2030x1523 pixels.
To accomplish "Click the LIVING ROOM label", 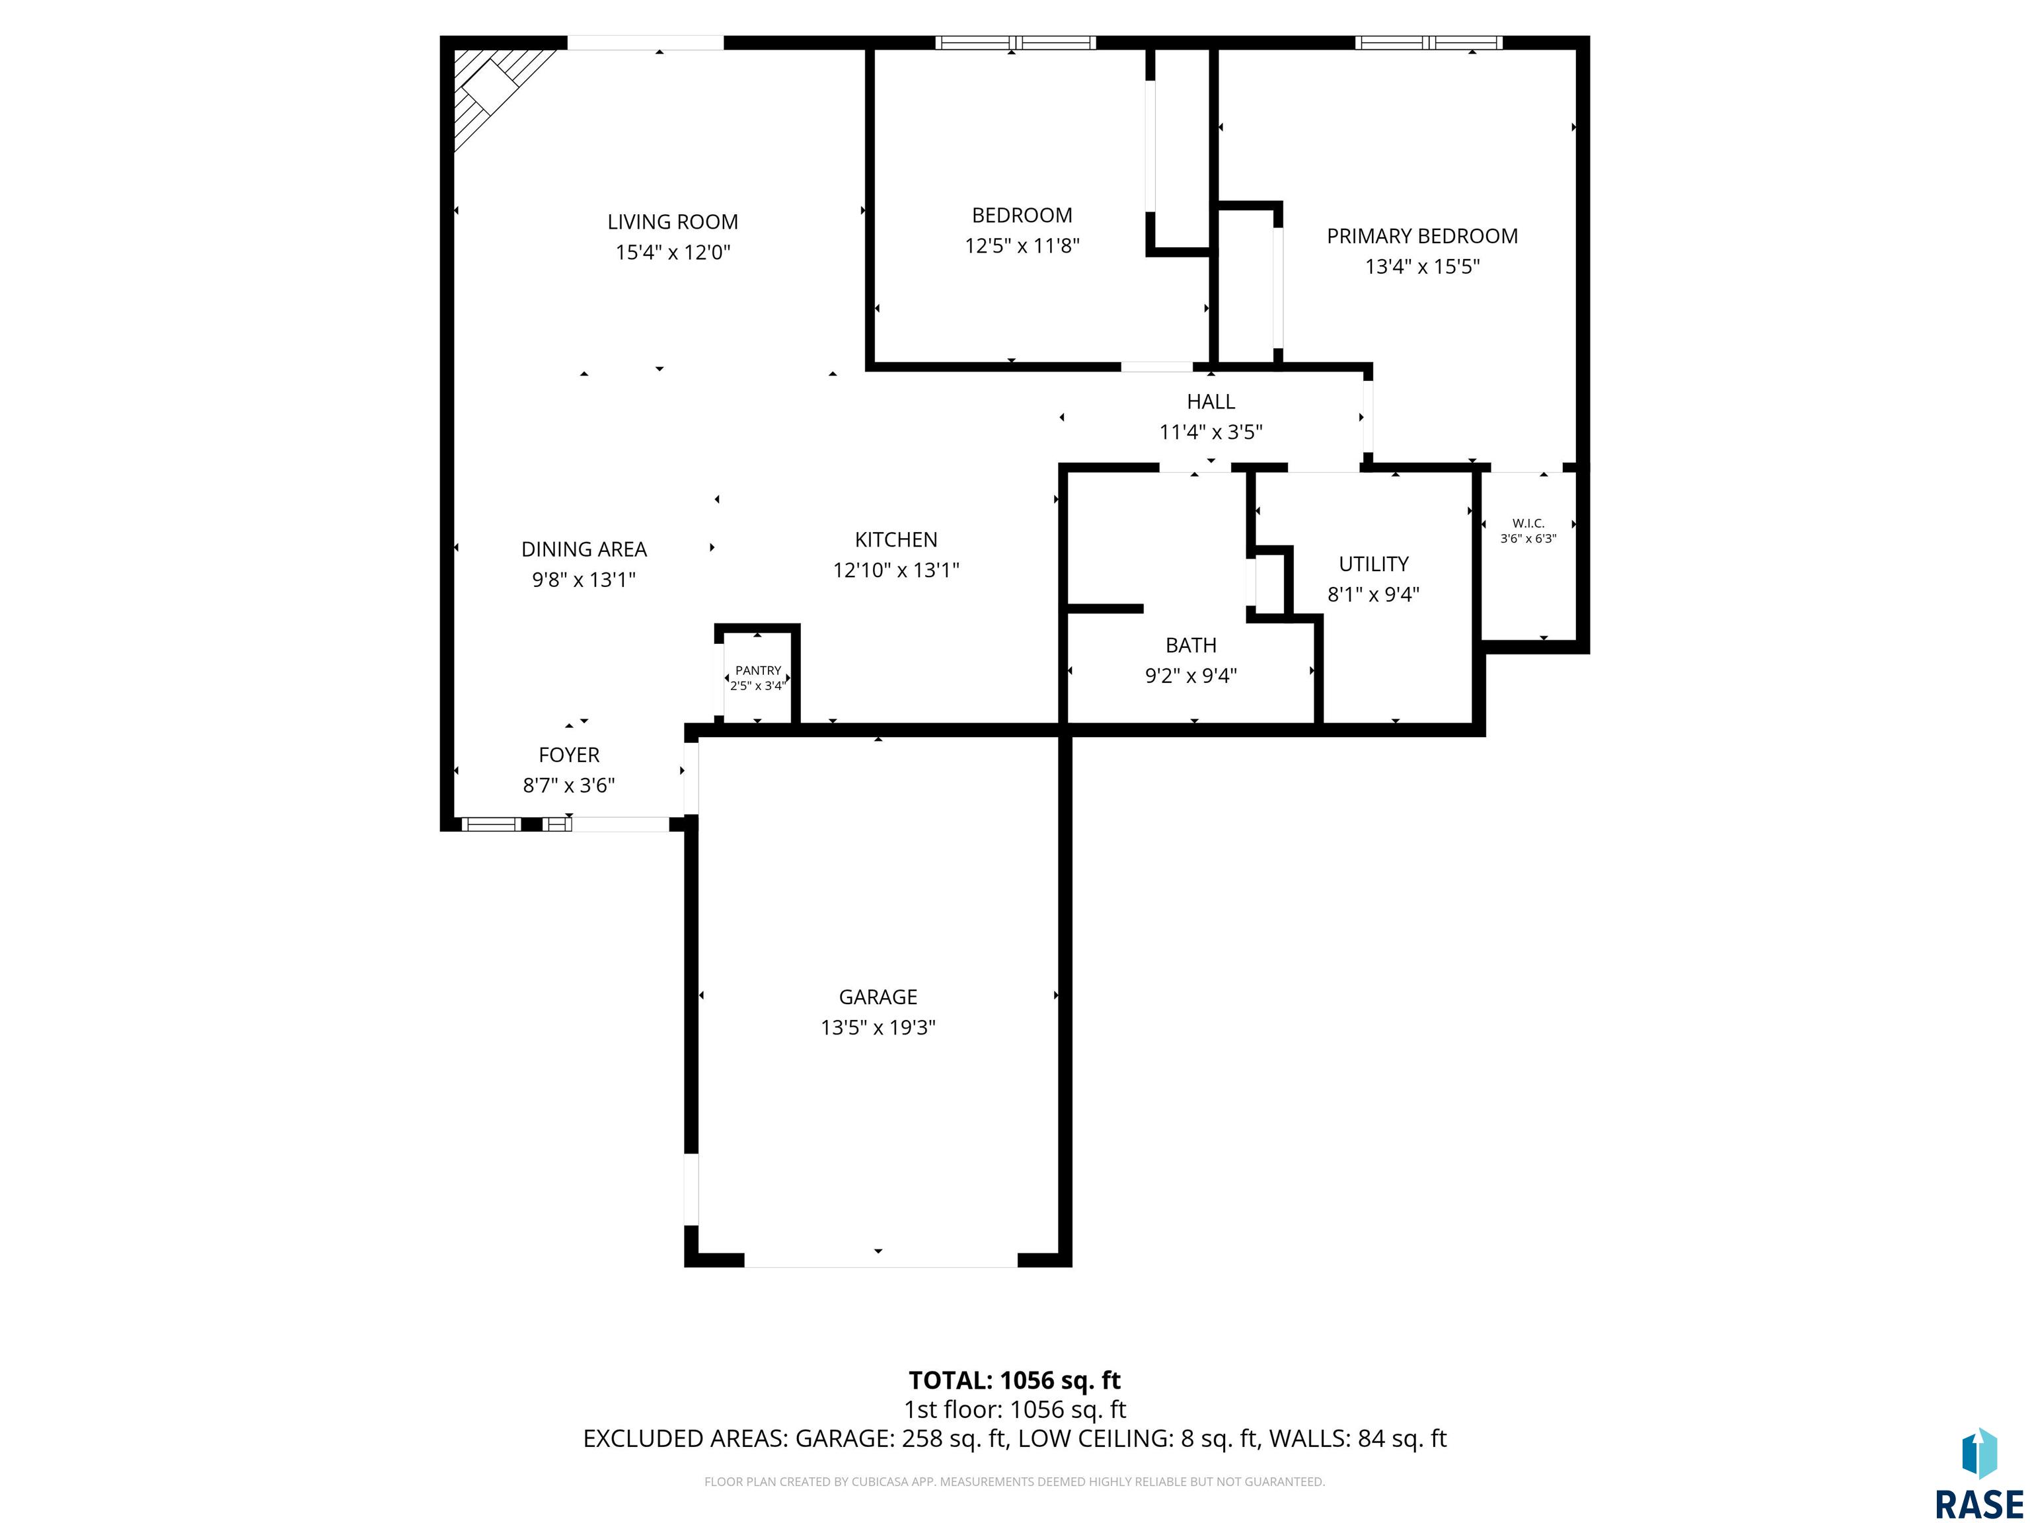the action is coord(673,221).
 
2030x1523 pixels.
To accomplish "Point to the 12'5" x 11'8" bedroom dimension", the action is coord(1022,246).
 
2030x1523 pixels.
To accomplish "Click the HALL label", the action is coord(1211,401).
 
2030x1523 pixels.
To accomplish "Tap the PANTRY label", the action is coord(758,670).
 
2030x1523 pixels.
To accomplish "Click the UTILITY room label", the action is coord(1373,564).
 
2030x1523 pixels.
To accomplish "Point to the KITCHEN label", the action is coord(895,540).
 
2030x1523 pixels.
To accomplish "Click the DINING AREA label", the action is coord(583,549).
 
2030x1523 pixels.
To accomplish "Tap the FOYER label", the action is coord(569,755).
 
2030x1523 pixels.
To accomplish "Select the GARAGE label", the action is coord(878,997).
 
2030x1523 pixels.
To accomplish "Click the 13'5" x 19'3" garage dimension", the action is coord(878,1027).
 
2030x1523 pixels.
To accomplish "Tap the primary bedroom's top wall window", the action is coord(1428,42).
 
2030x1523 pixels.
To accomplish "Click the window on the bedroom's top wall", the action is coord(1016,42).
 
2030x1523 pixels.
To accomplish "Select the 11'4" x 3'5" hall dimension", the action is coord(1211,432).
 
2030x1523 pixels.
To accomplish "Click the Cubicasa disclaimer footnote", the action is coord(1014,1481).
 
